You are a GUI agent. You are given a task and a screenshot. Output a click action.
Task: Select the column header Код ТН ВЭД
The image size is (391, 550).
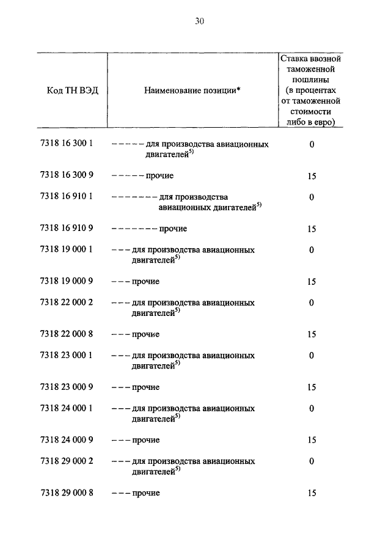point(72,90)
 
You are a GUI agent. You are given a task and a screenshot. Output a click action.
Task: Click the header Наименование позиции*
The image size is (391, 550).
point(192,90)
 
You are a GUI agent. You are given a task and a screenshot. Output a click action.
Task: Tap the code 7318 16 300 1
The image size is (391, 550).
point(66,144)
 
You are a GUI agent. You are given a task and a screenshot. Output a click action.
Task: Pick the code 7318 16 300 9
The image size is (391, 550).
point(66,176)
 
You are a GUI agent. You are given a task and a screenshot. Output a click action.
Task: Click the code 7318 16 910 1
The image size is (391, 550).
point(66,197)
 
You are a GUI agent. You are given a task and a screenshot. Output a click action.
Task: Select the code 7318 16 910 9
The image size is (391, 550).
point(66,229)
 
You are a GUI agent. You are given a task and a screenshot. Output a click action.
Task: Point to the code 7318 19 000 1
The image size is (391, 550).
point(66,249)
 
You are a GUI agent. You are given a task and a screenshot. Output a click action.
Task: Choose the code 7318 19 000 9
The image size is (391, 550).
point(66,282)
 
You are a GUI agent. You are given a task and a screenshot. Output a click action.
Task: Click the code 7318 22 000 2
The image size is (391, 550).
point(66,302)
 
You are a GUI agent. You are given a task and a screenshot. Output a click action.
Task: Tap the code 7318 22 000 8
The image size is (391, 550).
point(66,334)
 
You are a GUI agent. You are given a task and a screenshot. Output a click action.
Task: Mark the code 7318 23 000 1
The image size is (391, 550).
point(66,355)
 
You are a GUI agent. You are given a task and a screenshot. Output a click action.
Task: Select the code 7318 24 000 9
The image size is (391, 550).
point(66,440)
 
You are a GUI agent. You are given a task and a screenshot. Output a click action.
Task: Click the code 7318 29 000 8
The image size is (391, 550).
point(66,493)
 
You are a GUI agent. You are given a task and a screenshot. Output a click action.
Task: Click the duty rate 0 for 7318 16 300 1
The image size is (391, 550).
point(312,145)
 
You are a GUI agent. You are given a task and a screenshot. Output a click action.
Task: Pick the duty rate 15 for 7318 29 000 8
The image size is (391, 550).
point(312,493)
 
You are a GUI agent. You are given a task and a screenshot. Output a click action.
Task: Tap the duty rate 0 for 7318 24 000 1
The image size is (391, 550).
point(312,408)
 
